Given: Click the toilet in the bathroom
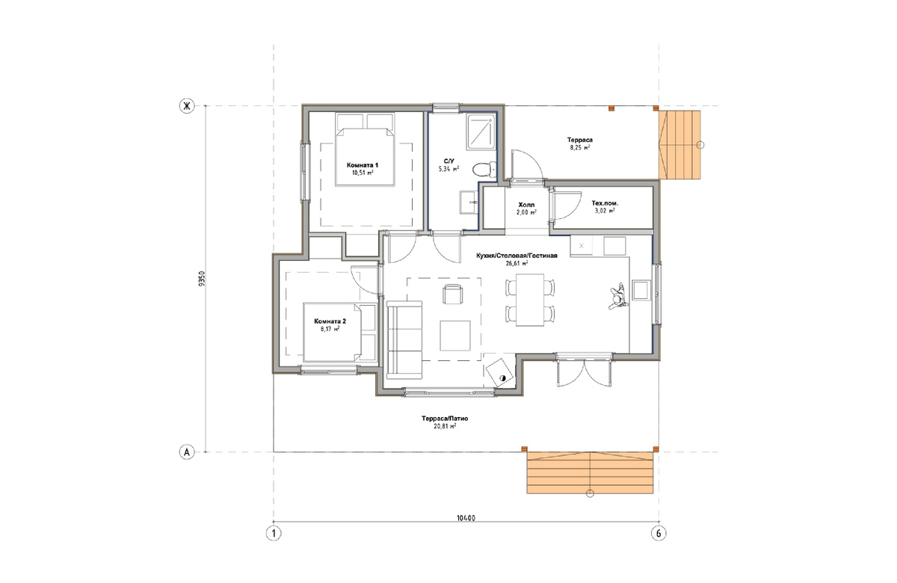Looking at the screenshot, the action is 484,170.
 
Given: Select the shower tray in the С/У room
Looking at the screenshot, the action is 481,132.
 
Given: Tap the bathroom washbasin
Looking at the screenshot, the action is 469,203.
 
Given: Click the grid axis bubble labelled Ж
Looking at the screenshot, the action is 187,106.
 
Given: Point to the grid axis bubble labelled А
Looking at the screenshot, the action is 187,452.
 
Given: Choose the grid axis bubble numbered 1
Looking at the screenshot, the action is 274,534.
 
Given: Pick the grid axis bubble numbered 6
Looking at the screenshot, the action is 659,534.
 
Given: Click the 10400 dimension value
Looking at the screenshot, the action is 466,518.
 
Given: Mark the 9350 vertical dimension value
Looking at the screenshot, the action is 201,279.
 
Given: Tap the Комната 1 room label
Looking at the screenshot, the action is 363,165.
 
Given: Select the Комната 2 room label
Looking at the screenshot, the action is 330,321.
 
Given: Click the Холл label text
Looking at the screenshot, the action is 526,205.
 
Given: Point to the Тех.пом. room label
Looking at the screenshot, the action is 605,203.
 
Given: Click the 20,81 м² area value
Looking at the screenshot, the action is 445,427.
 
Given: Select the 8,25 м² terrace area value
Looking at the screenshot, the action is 580,147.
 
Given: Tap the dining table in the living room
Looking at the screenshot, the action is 530,300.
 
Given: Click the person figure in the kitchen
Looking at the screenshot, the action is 617,297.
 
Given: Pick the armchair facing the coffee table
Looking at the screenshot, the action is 452,294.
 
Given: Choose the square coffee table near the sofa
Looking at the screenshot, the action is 455,336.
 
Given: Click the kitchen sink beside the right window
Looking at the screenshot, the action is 641,290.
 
